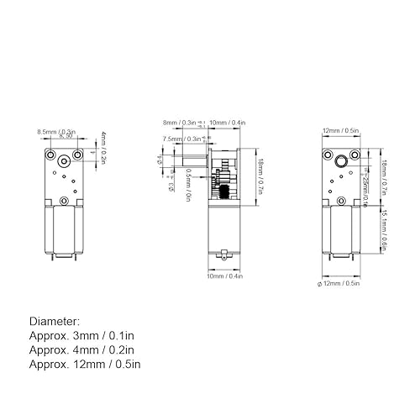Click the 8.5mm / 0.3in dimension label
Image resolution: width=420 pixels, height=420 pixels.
[x=56, y=132]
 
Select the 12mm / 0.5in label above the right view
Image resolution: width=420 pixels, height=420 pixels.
[x=341, y=132]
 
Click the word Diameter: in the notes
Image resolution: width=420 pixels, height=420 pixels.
[x=55, y=322]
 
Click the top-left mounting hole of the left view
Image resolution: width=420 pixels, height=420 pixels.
[x=51, y=156]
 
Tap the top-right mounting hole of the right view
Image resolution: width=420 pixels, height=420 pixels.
[x=354, y=154]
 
